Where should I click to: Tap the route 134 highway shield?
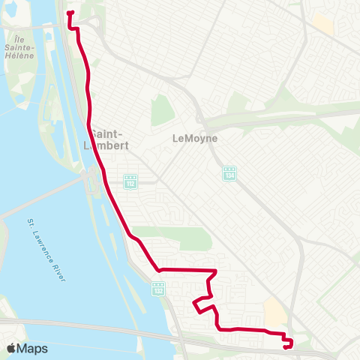(229, 174)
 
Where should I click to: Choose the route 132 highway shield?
(157, 287)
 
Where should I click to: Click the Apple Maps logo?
(27, 348)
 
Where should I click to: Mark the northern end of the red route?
(70, 13)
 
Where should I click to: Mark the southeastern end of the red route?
(288, 346)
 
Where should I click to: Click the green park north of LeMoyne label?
(163, 111)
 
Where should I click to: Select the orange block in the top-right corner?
(322, 24)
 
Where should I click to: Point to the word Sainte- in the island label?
(20, 46)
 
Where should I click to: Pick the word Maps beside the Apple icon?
(34, 348)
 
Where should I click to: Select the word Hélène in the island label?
(20, 55)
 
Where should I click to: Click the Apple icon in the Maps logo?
(11, 348)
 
